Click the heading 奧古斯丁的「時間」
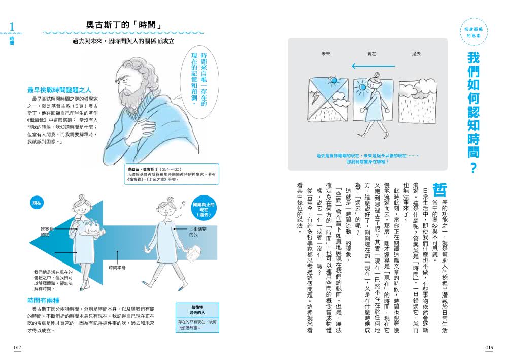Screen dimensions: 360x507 coord(124,25)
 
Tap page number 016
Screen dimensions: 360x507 coord(489,347)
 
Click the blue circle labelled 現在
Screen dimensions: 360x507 coord(37,203)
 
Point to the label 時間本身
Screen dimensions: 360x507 coord(117,267)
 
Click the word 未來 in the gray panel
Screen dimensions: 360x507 coord(325,53)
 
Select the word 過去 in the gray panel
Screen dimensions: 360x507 coord(416,53)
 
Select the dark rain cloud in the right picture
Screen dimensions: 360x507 coord(417,91)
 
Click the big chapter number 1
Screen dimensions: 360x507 coord(13,27)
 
